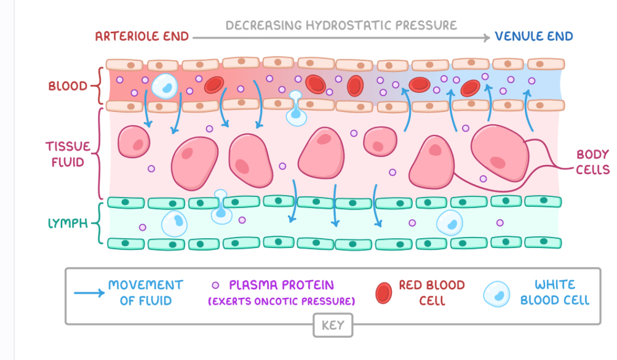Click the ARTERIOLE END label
pyautogui.click(x=142, y=36)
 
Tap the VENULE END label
pyautogui.click(x=534, y=36)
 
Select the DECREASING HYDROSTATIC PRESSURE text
pyautogui.click(x=341, y=25)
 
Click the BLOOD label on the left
pyautogui.click(x=68, y=86)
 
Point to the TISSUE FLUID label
pyautogui.click(x=68, y=154)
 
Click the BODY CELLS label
pyautogui.click(x=592, y=162)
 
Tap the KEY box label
pyautogui.click(x=333, y=325)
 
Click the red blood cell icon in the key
pyautogui.click(x=384, y=292)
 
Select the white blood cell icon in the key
pyautogui.click(x=497, y=294)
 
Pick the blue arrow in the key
pyautogui.click(x=87, y=293)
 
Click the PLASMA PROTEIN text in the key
pyautogui.click(x=281, y=285)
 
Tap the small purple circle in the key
pyautogui.click(x=215, y=286)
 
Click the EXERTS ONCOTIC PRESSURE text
pyautogui.click(x=282, y=301)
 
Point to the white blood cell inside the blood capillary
pyautogui.click(x=165, y=86)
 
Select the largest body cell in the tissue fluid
pyautogui.click(x=499, y=152)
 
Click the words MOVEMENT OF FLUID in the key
pyautogui.click(x=145, y=292)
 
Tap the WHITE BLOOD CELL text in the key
pyautogui.click(x=554, y=292)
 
